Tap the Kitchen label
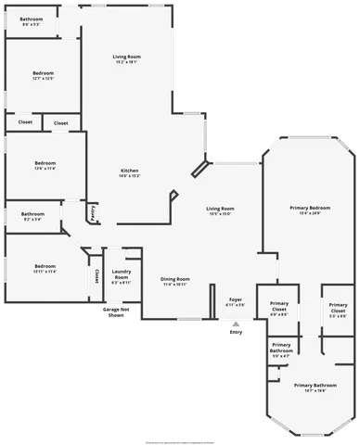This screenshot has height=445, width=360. (x=129, y=173)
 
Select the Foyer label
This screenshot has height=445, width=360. (x=236, y=301)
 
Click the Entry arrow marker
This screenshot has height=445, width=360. (x=236, y=323)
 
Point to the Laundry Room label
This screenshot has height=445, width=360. (x=121, y=276)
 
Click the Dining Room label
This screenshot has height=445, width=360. (x=175, y=281)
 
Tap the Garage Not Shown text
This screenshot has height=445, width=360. (x=115, y=312)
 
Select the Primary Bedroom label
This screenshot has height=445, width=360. (x=310, y=210)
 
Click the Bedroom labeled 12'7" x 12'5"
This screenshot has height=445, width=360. (x=44, y=75)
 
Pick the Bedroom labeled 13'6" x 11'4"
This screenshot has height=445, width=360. (x=44, y=166)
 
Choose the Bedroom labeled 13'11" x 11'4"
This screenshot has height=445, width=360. (x=44, y=269)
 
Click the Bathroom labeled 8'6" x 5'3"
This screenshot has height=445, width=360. (x=32, y=20)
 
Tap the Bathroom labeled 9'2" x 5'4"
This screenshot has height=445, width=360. (x=32, y=216)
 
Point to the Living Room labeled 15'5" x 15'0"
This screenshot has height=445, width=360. (x=220, y=211)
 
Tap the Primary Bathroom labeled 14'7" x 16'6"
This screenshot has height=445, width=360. (x=315, y=388)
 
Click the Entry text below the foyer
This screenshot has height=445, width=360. (x=236, y=332)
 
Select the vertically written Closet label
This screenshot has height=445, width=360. (x=96, y=277)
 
